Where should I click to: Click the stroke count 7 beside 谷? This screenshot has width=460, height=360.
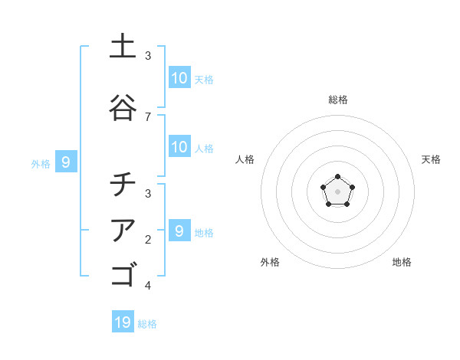pyautogui.click(x=148, y=116)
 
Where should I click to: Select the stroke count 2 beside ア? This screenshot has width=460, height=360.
pyautogui.click(x=148, y=239)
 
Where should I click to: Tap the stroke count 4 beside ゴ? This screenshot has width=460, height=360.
pyautogui.click(x=148, y=285)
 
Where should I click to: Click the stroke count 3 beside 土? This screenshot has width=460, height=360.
pyautogui.click(x=148, y=55)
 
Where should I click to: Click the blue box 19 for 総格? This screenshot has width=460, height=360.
pyautogui.click(x=123, y=322)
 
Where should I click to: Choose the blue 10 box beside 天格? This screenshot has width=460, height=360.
pyautogui.click(x=179, y=78)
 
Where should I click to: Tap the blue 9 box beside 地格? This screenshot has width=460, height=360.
pyautogui.click(x=179, y=231)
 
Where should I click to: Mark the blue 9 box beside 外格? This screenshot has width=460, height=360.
pyautogui.click(x=66, y=162)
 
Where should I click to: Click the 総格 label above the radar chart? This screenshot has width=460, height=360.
pyautogui.click(x=337, y=100)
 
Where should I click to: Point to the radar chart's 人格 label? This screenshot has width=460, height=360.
pyautogui.click(x=245, y=159)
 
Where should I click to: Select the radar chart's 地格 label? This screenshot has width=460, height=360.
pyautogui.click(x=402, y=262)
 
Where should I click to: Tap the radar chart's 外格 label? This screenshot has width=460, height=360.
pyautogui.click(x=270, y=262)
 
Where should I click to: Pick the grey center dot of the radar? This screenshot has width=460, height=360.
pyautogui.click(x=337, y=191)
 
